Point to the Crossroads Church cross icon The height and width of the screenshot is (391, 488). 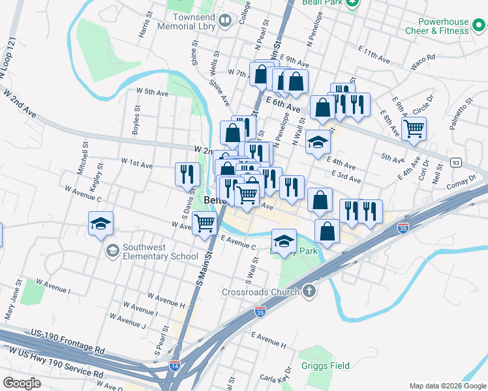tap(309, 291)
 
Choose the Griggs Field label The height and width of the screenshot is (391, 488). tap(326, 366)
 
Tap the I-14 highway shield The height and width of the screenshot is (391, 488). tap(175, 366)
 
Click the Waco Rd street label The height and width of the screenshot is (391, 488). tap(423, 63)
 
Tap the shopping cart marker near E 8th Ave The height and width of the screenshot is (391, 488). tap(414, 128)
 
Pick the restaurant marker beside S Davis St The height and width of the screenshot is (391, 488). tap(187, 173)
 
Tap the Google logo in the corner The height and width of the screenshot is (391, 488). tap(22, 383)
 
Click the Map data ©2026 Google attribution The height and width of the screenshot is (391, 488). tap(447, 386)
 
